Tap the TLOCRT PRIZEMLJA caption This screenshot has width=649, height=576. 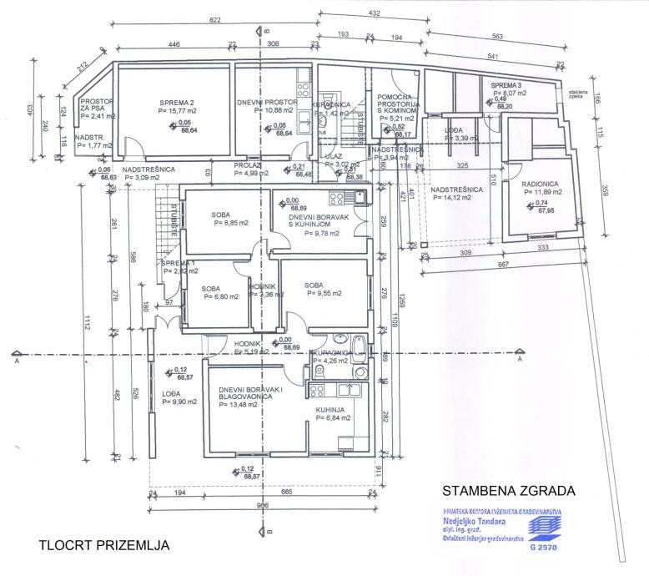(x=104, y=546)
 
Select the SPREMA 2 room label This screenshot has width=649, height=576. (x=177, y=104)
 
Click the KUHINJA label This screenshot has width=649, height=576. (x=330, y=409)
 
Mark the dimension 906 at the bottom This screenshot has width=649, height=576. (x=262, y=505)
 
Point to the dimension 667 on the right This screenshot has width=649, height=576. (x=503, y=265)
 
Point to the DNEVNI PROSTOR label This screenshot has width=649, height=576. (x=268, y=102)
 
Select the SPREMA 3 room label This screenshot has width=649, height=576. (x=506, y=86)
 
